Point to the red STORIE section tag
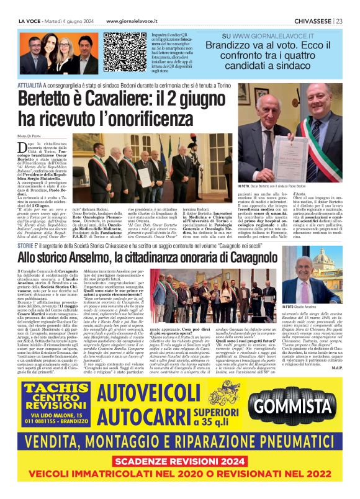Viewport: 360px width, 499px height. tap(26, 245)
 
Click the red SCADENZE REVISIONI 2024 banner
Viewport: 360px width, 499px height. tap(181, 462)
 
